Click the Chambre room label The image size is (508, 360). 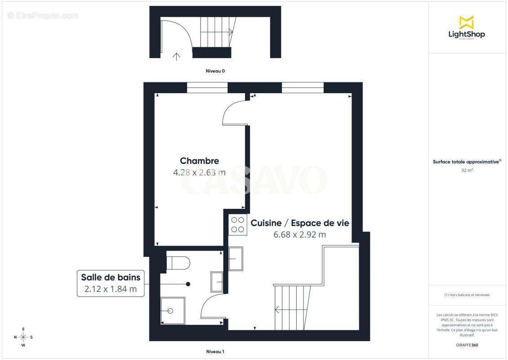199,161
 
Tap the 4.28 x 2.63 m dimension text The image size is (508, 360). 199,172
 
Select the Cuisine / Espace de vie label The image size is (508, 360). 300,223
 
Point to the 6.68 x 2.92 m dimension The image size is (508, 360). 300,234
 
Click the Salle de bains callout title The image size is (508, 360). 111,277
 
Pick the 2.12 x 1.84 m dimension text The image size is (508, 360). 111,289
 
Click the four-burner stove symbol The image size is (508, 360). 237,225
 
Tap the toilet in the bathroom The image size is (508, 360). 178,262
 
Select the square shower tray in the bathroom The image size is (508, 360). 173,310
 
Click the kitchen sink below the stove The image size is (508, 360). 236,258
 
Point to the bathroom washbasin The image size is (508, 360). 217,282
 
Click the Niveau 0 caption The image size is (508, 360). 215,71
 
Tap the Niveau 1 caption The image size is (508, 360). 215,351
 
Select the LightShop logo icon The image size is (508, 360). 466,22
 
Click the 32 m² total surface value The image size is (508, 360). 467,170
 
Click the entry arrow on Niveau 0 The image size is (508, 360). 177,56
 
